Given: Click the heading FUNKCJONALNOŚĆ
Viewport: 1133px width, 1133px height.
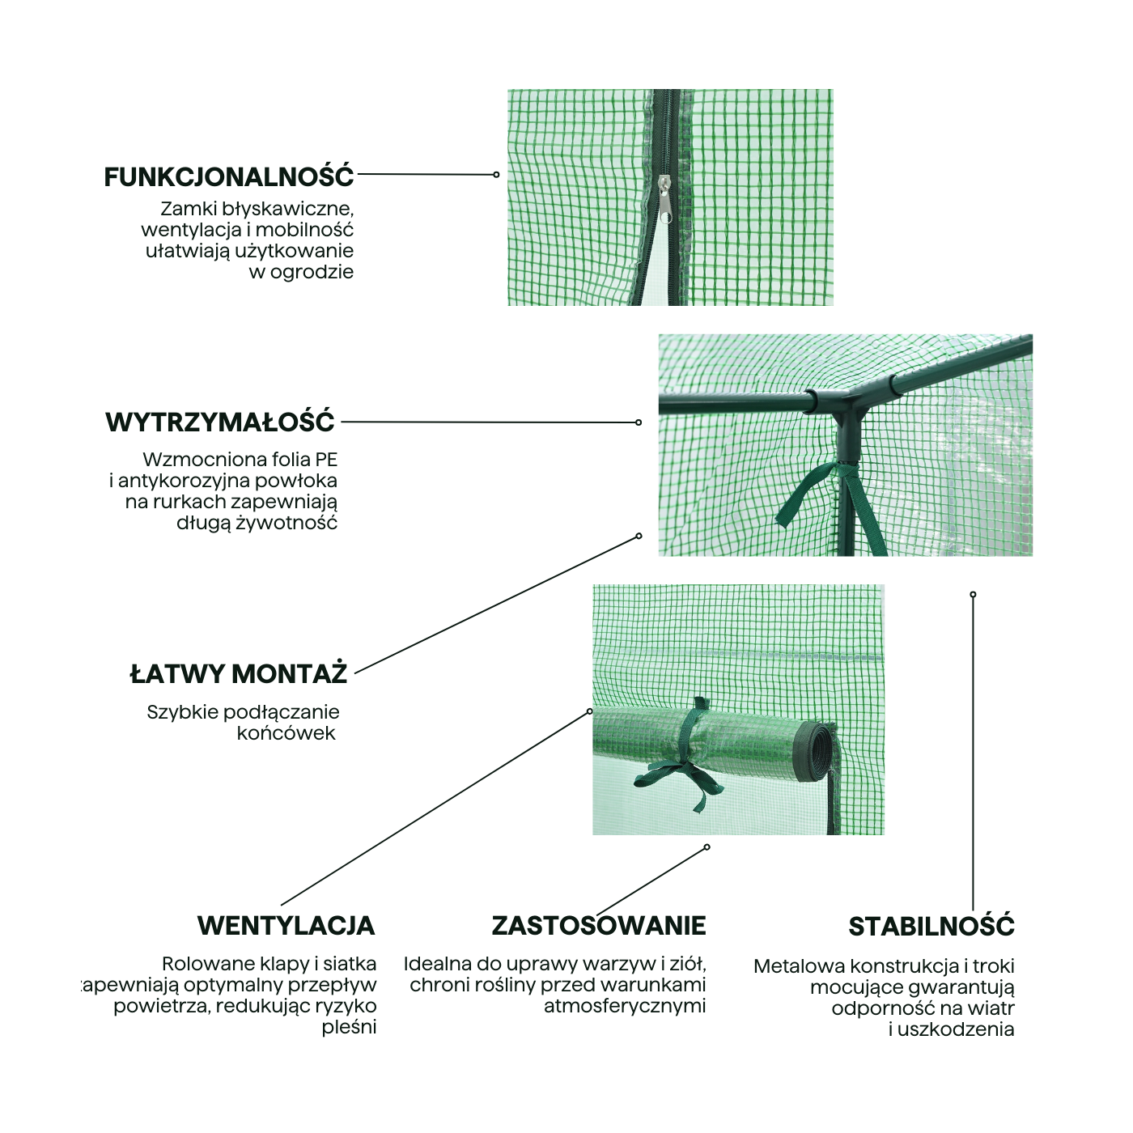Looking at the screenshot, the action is (229, 176).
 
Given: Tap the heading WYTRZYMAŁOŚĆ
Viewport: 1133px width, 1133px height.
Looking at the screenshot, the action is (220, 422).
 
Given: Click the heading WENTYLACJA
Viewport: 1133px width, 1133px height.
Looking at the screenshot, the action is (286, 925).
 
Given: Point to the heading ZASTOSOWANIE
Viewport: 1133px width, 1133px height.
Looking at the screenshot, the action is (599, 925).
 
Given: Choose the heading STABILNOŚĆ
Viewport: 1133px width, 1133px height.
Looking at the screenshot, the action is (931, 926).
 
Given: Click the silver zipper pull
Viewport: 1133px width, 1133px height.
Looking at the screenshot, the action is (664, 200).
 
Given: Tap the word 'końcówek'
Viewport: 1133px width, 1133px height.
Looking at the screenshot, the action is (286, 733).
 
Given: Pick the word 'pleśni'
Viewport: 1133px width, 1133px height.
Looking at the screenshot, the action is (349, 1027).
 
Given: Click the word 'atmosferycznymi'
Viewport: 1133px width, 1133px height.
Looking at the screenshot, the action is (625, 1006).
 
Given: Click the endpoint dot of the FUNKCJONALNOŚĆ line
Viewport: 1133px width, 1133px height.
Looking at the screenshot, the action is (496, 175).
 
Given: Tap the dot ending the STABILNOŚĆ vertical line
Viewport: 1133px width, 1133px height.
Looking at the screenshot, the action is (973, 595).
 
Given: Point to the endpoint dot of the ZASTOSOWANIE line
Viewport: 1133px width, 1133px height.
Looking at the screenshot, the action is (707, 847).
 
